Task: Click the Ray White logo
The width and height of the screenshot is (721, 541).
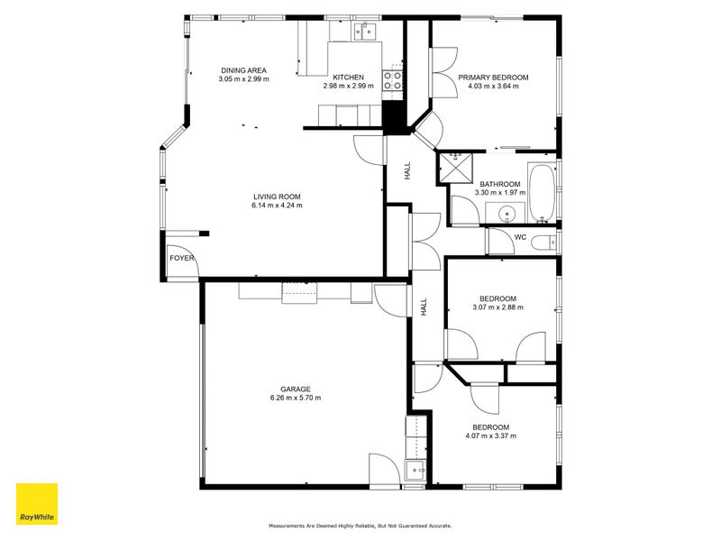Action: coord(37,504)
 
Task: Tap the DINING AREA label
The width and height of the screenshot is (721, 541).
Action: coord(243,70)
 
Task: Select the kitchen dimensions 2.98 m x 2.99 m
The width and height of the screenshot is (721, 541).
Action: coord(348,86)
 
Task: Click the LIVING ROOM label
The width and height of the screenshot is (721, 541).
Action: coord(277,197)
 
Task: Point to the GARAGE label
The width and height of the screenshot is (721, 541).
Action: coord(296,390)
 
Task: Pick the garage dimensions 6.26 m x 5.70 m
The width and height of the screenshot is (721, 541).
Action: coord(296,398)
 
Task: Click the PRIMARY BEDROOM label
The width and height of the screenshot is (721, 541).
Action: coord(493,78)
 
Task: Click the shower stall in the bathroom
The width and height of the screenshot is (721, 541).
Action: coord(455,168)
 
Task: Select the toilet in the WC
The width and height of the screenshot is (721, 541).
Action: coord(543,241)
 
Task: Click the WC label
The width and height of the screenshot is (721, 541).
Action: coord(520,237)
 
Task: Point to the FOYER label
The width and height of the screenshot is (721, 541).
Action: coord(182,258)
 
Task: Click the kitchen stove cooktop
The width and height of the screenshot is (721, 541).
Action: coord(392,80)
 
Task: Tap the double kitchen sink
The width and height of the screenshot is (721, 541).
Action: coord(365,32)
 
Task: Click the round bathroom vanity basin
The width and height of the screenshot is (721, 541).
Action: coord(506,214)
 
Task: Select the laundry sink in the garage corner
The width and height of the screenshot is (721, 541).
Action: coord(415,470)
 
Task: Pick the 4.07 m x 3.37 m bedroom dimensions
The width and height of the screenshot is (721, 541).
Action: coord(490,436)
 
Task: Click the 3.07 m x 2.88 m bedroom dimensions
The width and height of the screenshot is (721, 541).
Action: coord(497,307)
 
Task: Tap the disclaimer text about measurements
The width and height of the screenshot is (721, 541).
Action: coord(360,526)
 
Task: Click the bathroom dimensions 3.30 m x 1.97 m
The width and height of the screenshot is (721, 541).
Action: coord(500,193)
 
